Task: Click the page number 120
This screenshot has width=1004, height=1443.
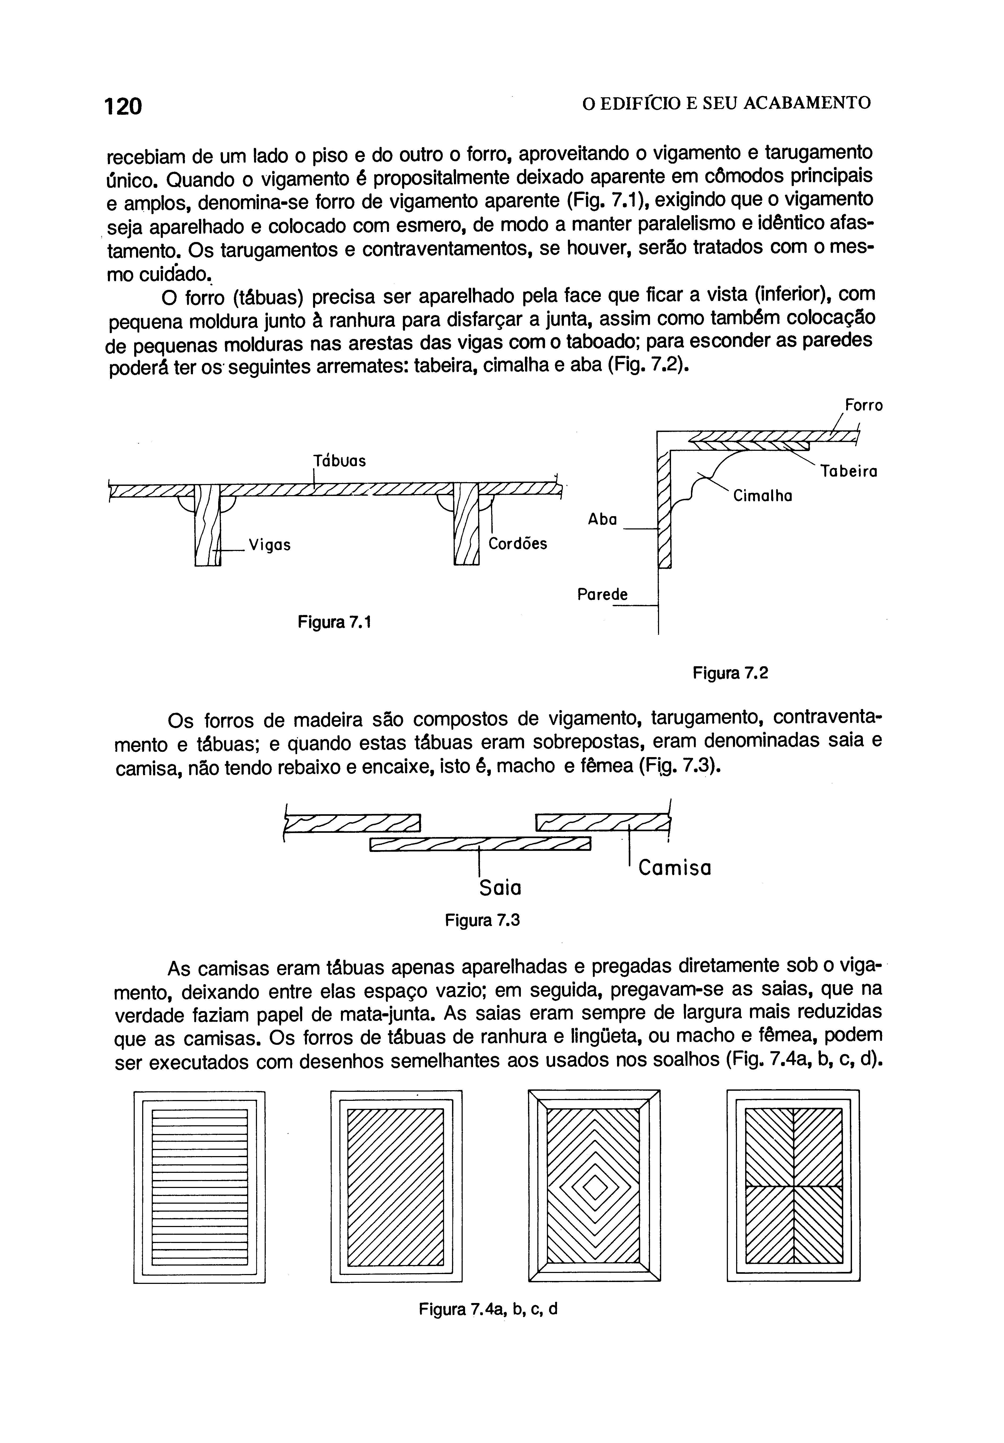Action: coord(124,105)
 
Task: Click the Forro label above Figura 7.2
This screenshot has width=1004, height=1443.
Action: coord(863,405)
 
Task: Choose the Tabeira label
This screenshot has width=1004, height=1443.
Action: coord(849,471)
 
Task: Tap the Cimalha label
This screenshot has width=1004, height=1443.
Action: coord(762,496)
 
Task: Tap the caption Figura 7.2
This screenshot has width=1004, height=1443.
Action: coord(730,673)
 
